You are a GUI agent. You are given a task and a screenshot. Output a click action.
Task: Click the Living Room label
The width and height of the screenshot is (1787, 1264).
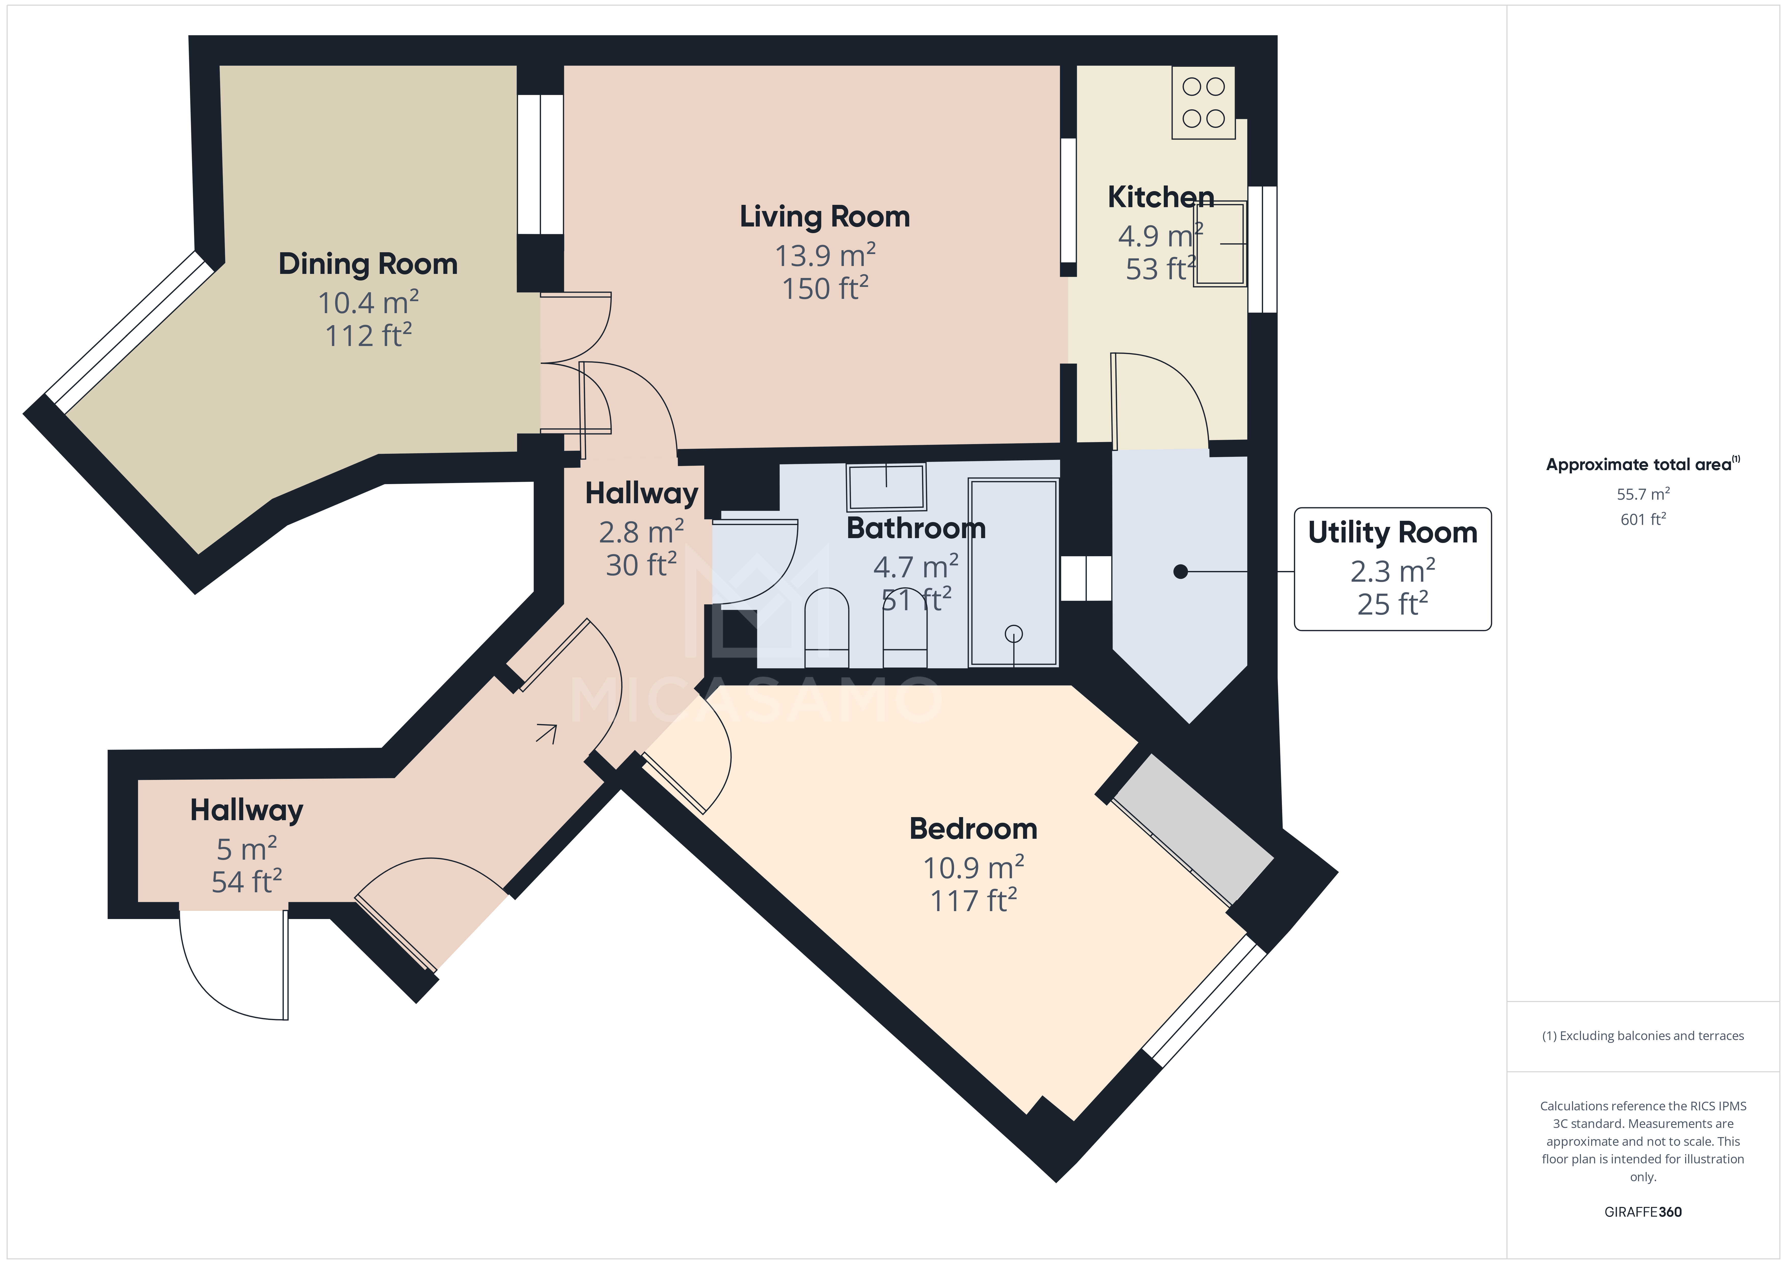click(824, 217)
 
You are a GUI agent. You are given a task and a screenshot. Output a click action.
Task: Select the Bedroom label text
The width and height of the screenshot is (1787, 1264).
click(973, 829)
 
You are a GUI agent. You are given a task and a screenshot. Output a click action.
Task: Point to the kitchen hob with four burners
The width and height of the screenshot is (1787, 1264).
click(1203, 103)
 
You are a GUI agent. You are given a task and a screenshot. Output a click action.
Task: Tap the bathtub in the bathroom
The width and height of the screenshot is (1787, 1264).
click(1013, 573)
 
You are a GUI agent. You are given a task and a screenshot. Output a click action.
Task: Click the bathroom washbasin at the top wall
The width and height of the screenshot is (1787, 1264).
click(886, 487)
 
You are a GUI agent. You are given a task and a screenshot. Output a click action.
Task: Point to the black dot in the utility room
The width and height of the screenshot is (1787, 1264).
click(1180, 572)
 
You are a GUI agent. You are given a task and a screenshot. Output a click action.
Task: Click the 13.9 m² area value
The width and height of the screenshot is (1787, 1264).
click(824, 256)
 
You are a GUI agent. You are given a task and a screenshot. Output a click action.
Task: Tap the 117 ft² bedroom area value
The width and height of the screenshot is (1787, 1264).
click(973, 901)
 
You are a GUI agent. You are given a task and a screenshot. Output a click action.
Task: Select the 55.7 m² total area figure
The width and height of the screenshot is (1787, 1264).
click(1642, 494)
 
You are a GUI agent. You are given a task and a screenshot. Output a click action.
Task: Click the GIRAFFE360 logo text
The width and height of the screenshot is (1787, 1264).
click(1642, 1212)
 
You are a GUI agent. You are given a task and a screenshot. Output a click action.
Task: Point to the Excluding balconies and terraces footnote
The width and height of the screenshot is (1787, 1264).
click(1642, 1036)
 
